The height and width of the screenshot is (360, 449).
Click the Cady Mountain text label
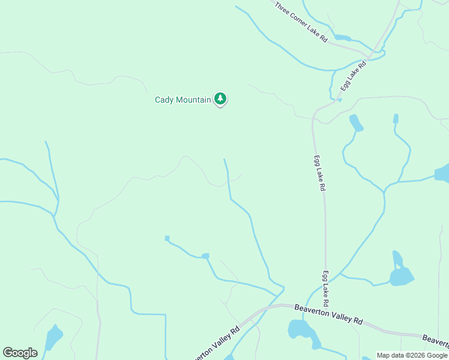(x=183, y=100)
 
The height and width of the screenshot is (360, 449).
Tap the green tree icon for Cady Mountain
(x=220, y=99)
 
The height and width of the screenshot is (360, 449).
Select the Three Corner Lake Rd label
(x=301, y=22)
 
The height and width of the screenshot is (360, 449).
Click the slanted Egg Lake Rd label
(x=354, y=76)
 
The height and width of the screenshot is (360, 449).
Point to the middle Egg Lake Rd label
(x=319, y=173)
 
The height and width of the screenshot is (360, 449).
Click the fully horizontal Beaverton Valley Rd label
(x=329, y=314)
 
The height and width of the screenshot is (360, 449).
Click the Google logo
(x=20, y=353)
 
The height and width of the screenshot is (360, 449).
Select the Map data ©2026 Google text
(x=412, y=355)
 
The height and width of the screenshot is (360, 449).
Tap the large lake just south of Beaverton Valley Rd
(x=300, y=331)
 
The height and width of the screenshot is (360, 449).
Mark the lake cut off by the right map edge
(x=442, y=173)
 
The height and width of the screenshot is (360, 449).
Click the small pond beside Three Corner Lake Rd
(x=342, y=38)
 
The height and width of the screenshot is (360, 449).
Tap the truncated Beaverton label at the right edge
(x=436, y=340)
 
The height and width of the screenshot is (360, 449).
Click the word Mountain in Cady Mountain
(x=194, y=100)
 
